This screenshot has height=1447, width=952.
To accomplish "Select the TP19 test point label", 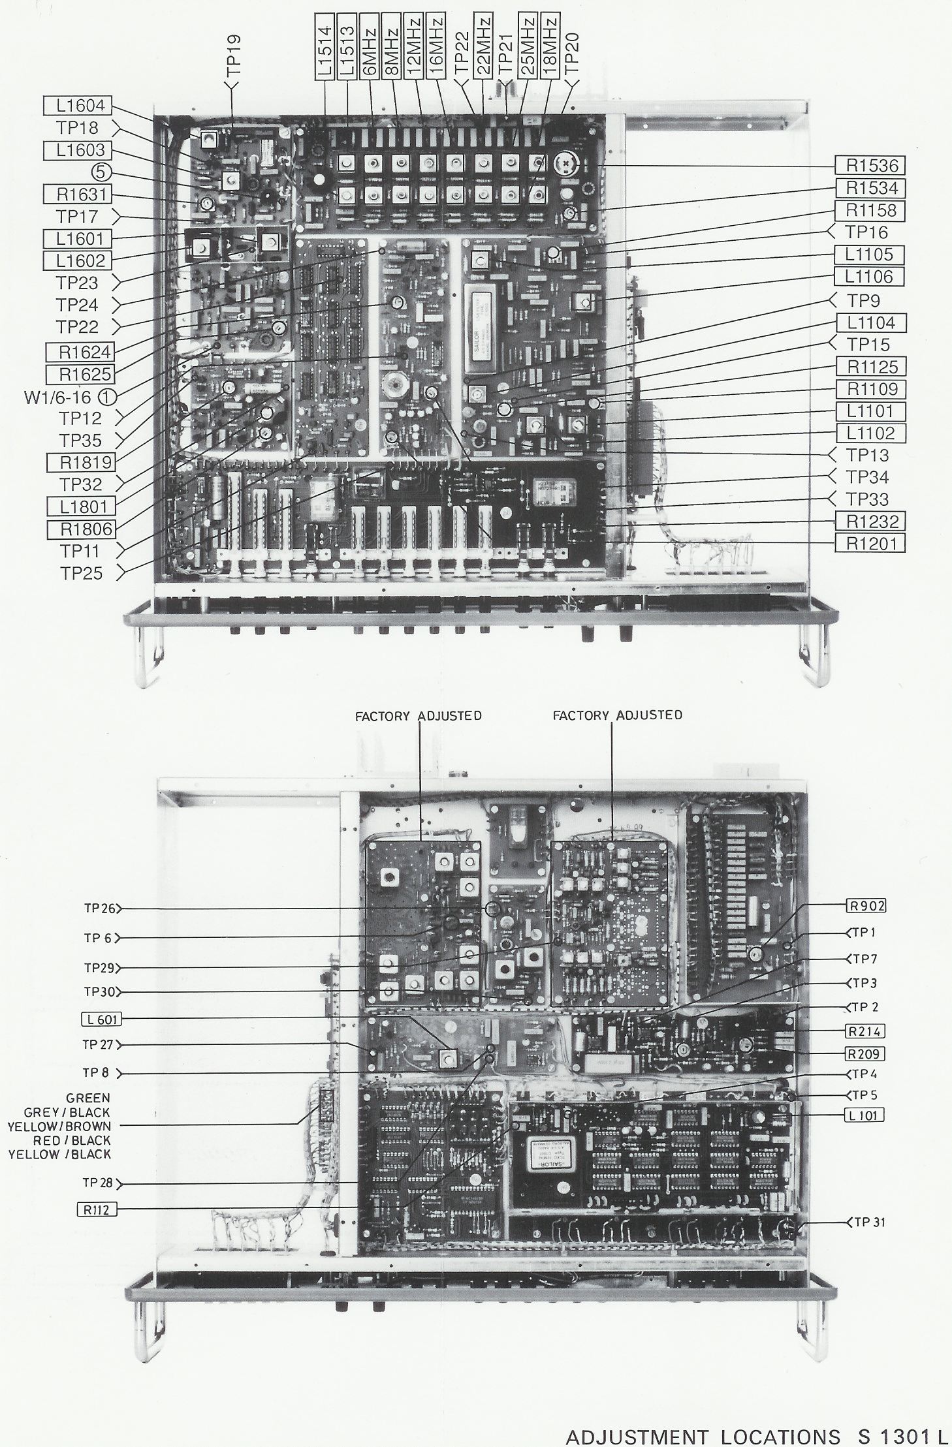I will tap(235, 56).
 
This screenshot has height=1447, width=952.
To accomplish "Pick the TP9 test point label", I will tap(863, 301).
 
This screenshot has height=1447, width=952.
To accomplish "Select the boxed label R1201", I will tap(871, 543).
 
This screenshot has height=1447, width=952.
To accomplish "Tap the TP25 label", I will tap(81, 573).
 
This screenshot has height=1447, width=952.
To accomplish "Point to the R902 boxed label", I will tap(866, 906).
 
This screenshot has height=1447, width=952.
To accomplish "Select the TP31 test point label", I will tap(870, 1222).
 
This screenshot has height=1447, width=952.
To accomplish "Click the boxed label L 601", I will tap(101, 1019).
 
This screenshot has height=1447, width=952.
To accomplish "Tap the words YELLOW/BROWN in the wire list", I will tap(59, 1126).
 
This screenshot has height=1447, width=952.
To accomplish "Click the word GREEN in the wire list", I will tap(89, 1098).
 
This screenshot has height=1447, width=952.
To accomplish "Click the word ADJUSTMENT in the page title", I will tap(637, 1437).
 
